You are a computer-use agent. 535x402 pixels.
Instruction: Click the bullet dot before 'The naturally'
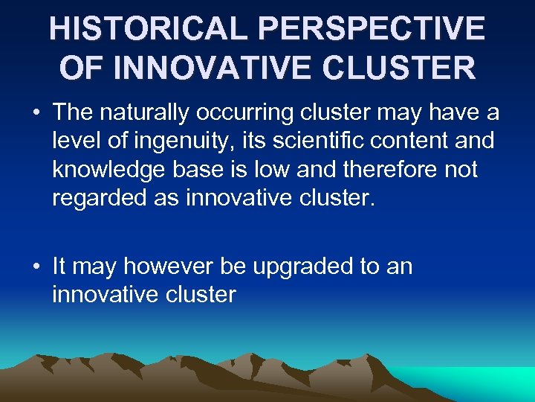tap(36, 112)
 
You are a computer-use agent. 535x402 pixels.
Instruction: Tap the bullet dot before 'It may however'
tap(36, 267)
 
